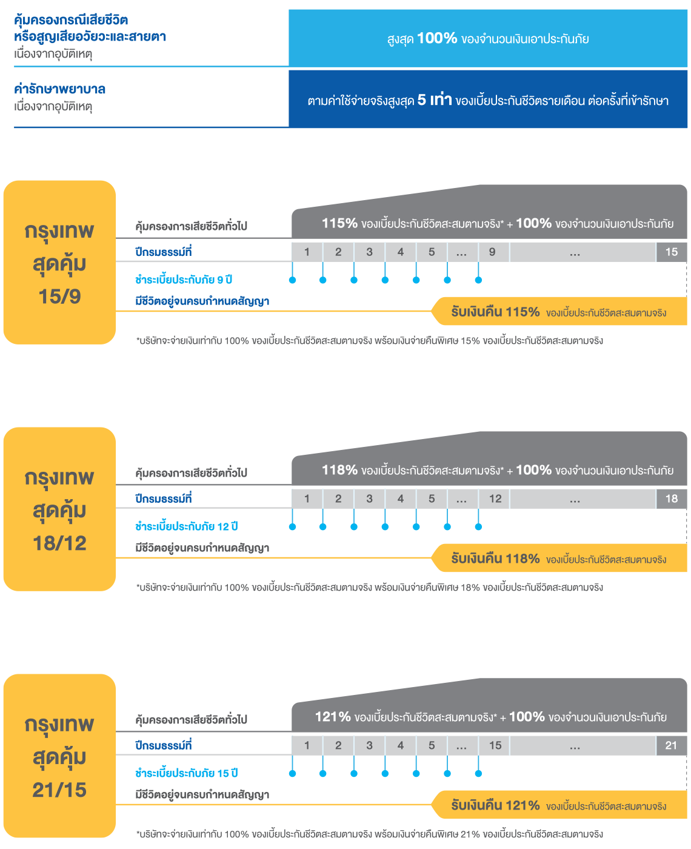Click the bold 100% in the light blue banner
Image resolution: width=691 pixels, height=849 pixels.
pyautogui.click(x=437, y=38)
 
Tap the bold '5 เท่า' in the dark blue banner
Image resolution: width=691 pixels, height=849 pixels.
pyautogui.click(x=435, y=100)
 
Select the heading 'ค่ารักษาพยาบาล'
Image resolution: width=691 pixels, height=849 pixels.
pyautogui.click(x=59, y=89)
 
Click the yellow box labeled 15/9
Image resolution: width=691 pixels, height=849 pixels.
pyautogui.click(x=59, y=263)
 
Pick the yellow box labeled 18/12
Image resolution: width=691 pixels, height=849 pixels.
pyautogui.click(x=59, y=509)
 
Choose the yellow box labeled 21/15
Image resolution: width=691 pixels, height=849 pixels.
pyautogui.click(x=59, y=756)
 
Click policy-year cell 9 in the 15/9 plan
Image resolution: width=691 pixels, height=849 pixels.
pyautogui.click(x=492, y=252)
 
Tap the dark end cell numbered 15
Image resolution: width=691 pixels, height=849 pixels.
pyautogui.click(x=671, y=252)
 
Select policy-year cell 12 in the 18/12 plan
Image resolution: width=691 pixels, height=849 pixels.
pyautogui.click(x=495, y=499)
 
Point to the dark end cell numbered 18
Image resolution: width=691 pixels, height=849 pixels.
pyautogui.click(x=671, y=499)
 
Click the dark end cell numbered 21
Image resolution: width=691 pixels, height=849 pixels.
pyautogui.click(x=671, y=746)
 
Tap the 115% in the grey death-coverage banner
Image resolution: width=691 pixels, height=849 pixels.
pyautogui.click(x=339, y=223)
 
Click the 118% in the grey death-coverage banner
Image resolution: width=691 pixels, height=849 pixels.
pyautogui.click(x=339, y=470)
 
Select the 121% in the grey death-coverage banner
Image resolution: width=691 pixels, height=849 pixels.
pyautogui.click(x=333, y=717)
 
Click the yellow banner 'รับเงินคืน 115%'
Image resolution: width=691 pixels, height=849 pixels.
pyautogui.click(x=558, y=312)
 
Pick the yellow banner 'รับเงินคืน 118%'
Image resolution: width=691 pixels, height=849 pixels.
pyautogui.click(x=558, y=559)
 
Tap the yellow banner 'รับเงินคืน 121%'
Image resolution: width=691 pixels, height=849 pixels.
pyautogui.click(x=558, y=806)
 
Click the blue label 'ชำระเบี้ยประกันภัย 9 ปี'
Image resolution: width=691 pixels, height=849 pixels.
pyautogui.click(x=184, y=280)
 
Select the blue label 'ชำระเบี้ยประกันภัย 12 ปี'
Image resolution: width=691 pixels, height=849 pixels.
pyautogui.click(x=186, y=526)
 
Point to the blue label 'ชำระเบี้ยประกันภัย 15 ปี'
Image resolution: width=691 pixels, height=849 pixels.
pyautogui.click(x=186, y=773)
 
